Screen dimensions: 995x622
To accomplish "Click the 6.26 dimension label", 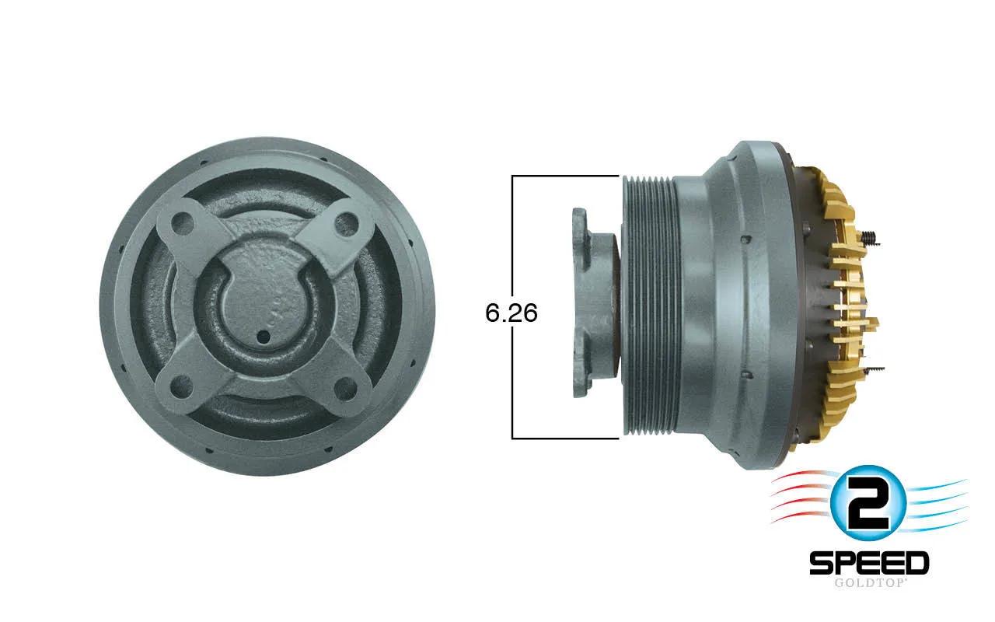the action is [x=511, y=313].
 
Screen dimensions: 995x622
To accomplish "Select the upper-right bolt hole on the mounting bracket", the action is [x=346, y=225].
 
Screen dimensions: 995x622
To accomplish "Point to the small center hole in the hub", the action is [x=264, y=337].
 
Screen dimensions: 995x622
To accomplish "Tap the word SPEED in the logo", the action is [x=869, y=563].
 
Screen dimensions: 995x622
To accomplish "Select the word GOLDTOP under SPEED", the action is [x=869, y=583].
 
